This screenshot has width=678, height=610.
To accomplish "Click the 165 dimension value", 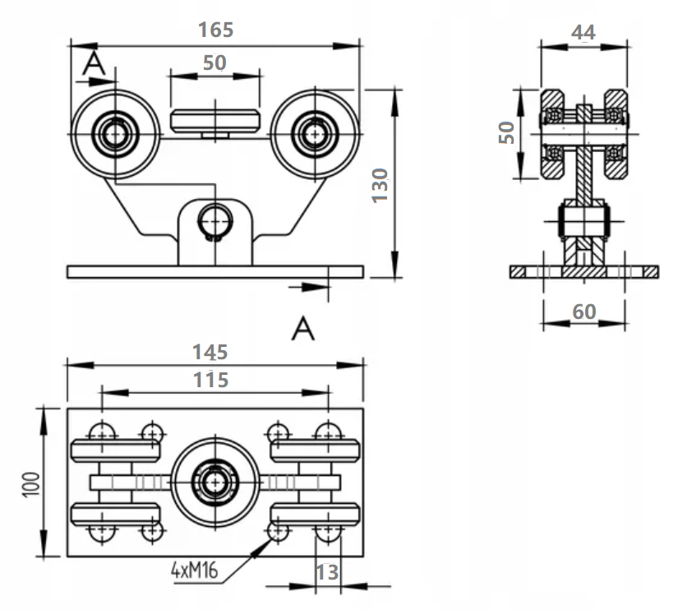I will tap(216, 30).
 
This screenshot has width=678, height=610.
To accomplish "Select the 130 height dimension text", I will tap(380, 186).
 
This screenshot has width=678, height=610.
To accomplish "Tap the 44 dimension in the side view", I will tap(583, 32).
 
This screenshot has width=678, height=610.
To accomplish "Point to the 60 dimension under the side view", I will tap(583, 312).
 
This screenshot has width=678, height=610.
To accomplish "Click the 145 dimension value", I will tap(210, 353).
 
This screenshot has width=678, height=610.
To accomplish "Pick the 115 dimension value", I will tap(210, 380).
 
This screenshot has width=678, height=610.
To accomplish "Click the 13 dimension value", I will tap(327, 571).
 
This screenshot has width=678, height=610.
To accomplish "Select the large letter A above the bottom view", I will tap(304, 330).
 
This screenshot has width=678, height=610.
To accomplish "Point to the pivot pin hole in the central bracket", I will tap(214, 221).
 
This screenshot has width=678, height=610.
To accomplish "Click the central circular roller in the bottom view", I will tap(214, 480).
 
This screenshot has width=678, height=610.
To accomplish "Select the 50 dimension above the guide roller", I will tap(214, 63).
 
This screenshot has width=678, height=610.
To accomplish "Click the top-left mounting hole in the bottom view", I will tap(101, 432).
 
